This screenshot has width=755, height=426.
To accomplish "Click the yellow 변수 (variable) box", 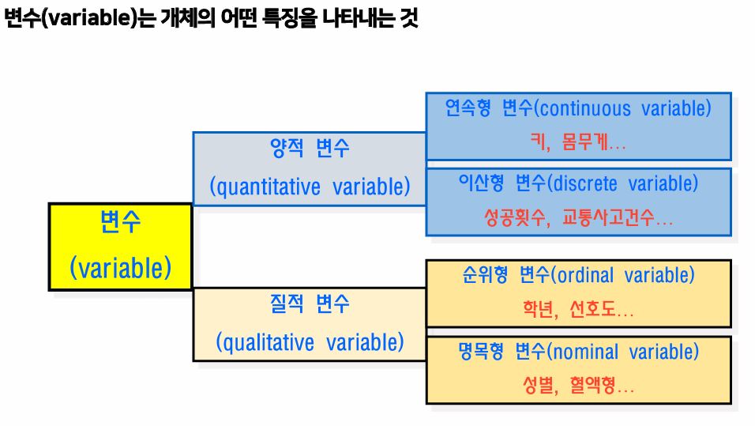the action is pos(120,247).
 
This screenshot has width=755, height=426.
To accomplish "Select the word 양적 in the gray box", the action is pos(287,149).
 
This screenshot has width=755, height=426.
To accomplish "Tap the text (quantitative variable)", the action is pos(310,187).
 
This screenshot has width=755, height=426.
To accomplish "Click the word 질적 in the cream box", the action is pos(287,303).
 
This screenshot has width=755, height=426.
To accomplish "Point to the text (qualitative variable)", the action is pos(310,342).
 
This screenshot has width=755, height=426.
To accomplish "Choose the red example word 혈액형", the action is pos(595,386).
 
